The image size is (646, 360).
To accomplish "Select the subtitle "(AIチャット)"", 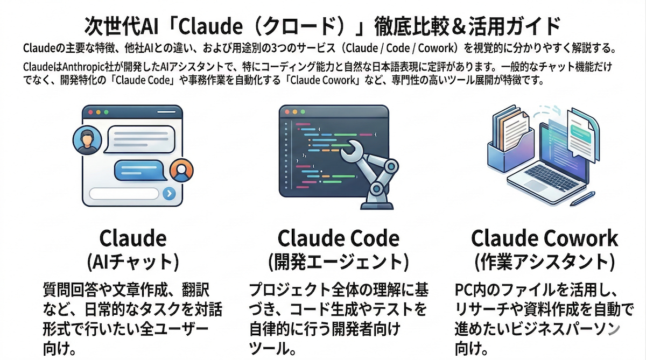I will [x=132, y=262].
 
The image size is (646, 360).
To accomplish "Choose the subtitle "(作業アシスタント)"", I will [x=544, y=262].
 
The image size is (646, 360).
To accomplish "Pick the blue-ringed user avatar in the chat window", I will [x=85, y=140].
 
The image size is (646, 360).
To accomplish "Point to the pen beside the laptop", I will [x=582, y=198].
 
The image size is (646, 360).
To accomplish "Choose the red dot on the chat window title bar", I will [x=90, y=112].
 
